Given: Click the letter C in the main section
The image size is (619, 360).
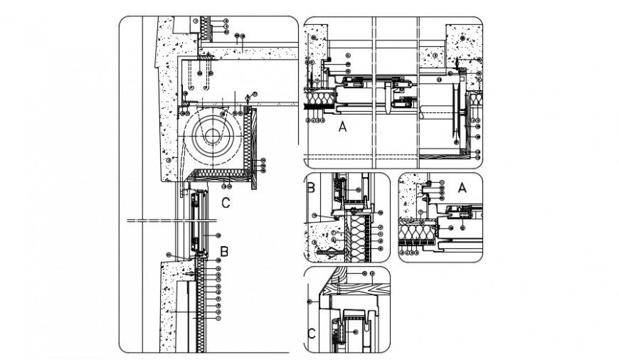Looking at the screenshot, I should pos(225,203).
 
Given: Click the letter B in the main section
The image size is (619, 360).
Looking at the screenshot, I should pos(223,250).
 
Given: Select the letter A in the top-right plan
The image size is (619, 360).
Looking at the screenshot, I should pos(343,127).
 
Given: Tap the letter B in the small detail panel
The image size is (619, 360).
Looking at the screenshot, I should pos(311,189).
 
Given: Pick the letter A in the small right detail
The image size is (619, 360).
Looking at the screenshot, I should pos(461,188).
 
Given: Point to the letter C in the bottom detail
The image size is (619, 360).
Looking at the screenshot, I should pos(311,334).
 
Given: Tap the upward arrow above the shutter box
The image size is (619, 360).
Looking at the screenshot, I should pos(247,96).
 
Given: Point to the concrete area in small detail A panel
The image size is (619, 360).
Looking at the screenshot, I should pos(411,200).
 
